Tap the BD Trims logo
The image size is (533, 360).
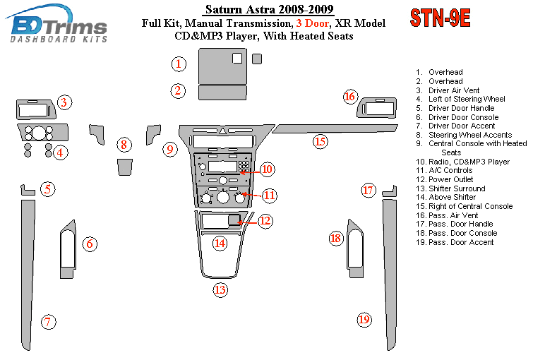coord(59,26)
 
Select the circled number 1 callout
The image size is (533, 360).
coord(179,64)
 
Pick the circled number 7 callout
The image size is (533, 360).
coord(48,323)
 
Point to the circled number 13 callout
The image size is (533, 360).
coord(221,289)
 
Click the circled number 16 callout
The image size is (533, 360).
coord(349,97)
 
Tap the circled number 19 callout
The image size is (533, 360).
coord(364,320)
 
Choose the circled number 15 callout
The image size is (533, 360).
coord(321,142)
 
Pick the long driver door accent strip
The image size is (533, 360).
coord(28,275)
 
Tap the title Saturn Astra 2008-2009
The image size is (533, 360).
coord(260,10)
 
